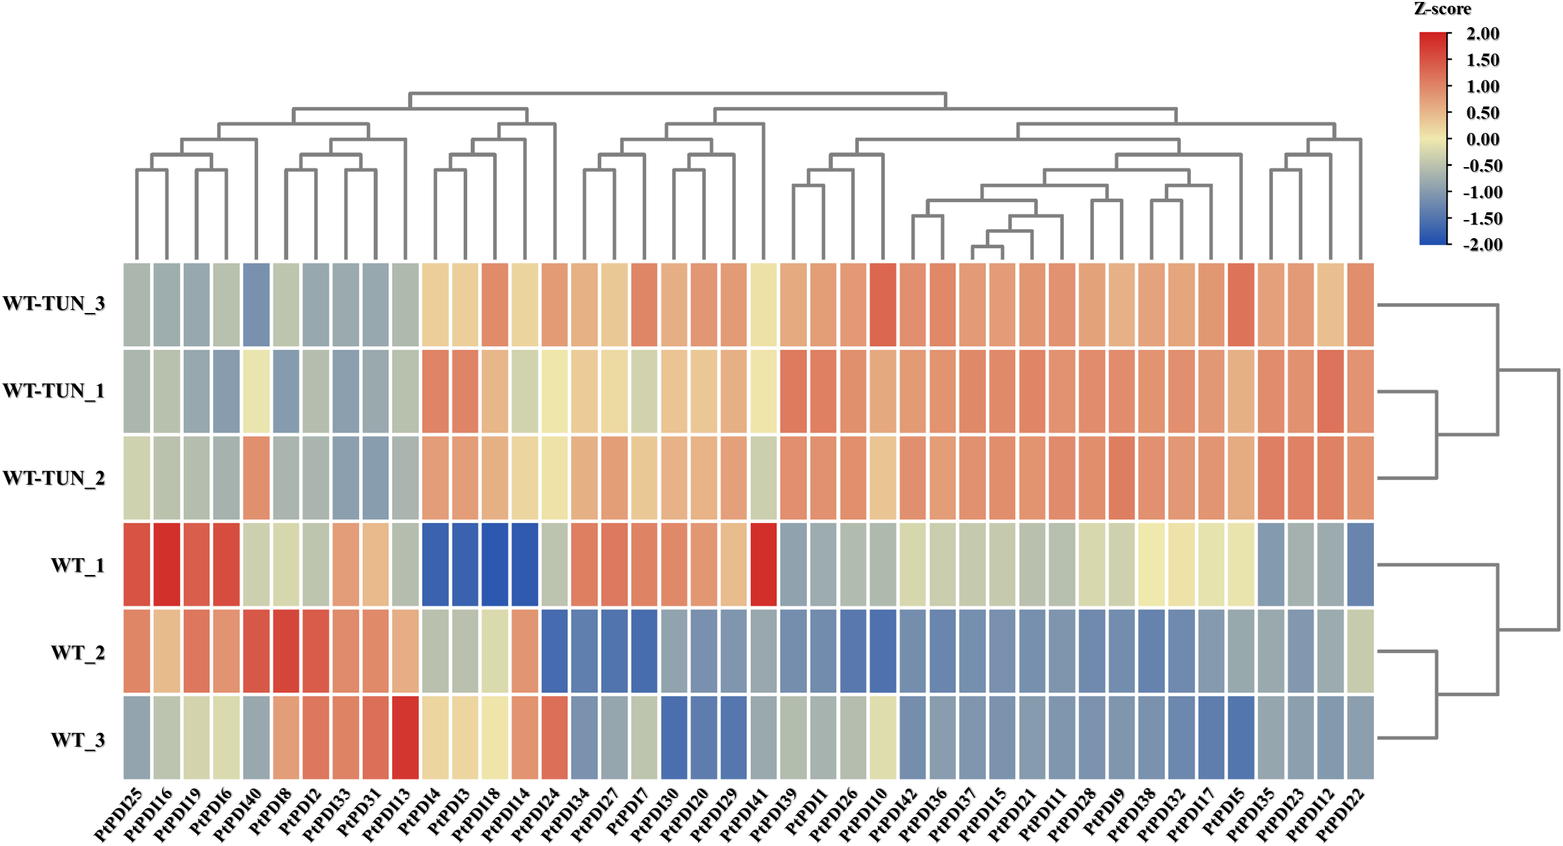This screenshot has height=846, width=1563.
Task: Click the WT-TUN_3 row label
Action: click(x=54, y=303)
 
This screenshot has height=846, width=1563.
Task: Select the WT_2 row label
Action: click(x=78, y=652)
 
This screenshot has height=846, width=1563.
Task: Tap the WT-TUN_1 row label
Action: click(x=54, y=391)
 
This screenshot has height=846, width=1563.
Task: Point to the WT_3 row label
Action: click(x=78, y=740)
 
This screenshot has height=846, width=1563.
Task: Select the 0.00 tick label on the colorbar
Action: click(x=1482, y=139)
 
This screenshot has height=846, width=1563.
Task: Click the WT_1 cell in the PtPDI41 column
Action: click(x=764, y=565)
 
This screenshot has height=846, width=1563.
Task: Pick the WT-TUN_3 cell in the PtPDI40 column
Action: click(x=256, y=305)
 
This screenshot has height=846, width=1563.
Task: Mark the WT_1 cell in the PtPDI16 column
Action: click(x=167, y=565)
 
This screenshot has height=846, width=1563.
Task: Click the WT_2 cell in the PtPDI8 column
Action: click(x=286, y=651)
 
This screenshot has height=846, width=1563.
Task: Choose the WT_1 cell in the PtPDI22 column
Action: click(x=1360, y=565)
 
